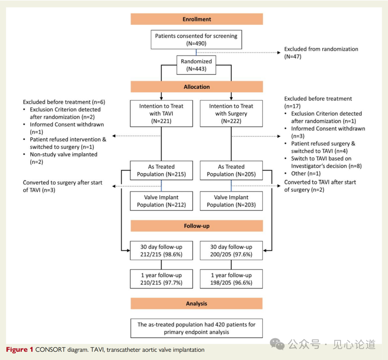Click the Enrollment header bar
[x=197, y=19]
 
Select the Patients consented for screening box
[x=196, y=40]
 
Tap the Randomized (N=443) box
[x=196, y=65]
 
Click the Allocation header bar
[x=197, y=87]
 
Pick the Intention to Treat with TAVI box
[x=161, y=114]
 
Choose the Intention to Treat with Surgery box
[x=231, y=114]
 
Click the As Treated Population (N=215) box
[x=161, y=170]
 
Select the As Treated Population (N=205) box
[x=231, y=170]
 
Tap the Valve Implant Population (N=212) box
[x=161, y=201]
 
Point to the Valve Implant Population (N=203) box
[x=231, y=201]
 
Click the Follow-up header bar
[x=197, y=226]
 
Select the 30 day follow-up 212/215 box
[x=161, y=251]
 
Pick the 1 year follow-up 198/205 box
[x=231, y=279]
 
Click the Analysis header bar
[x=197, y=304]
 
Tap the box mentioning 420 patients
[x=197, y=328]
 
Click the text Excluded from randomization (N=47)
[x=321, y=53]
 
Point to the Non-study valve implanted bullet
[x=63, y=158]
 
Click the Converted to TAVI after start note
[x=320, y=186]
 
